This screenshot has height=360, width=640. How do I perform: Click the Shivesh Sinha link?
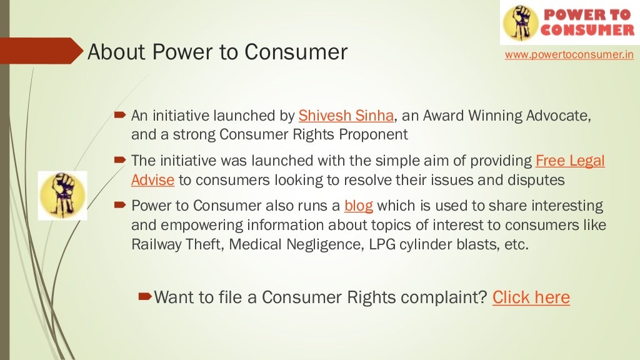346,116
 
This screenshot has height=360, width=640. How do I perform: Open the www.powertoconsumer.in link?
569,55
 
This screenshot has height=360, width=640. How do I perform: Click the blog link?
359,206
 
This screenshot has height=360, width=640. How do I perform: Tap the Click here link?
531,297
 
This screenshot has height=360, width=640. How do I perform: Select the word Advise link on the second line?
152,180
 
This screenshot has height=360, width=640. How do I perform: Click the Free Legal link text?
570,161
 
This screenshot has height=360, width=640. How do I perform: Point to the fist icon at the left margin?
62,195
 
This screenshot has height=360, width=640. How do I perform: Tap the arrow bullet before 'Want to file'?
144,295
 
